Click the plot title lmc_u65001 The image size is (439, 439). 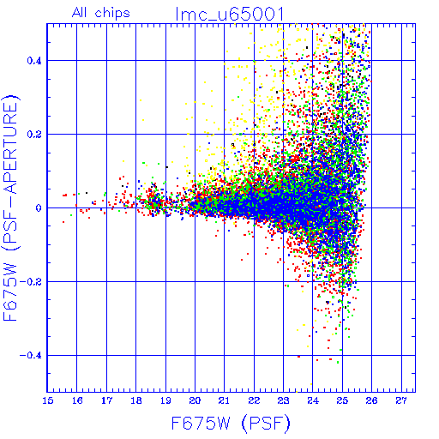click(230, 15)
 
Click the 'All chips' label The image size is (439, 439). click(101, 13)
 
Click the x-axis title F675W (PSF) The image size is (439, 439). click(231, 423)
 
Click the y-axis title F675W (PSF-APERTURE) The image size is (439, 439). click(10, 207)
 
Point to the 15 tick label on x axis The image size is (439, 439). click(48, 400)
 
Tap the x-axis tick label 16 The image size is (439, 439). click(77, 400)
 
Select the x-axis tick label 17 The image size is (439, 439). click(106, 400)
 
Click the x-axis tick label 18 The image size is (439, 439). click(136, 400)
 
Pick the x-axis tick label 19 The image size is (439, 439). click(165, 400)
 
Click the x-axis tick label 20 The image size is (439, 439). click(195, 400)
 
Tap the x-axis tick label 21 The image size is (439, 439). click(225, 400)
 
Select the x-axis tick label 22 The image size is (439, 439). click(254, 400)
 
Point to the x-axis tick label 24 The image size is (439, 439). click(313, 400)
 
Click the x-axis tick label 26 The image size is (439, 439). click(371, 400)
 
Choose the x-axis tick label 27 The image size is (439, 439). click(401, 400)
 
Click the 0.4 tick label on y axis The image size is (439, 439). click(34, 60)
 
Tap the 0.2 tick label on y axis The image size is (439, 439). click(34, 134)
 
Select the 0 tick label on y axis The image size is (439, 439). click(39, 207)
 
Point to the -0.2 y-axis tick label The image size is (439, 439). click(31, 281)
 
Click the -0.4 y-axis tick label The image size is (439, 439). click(31, 355)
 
